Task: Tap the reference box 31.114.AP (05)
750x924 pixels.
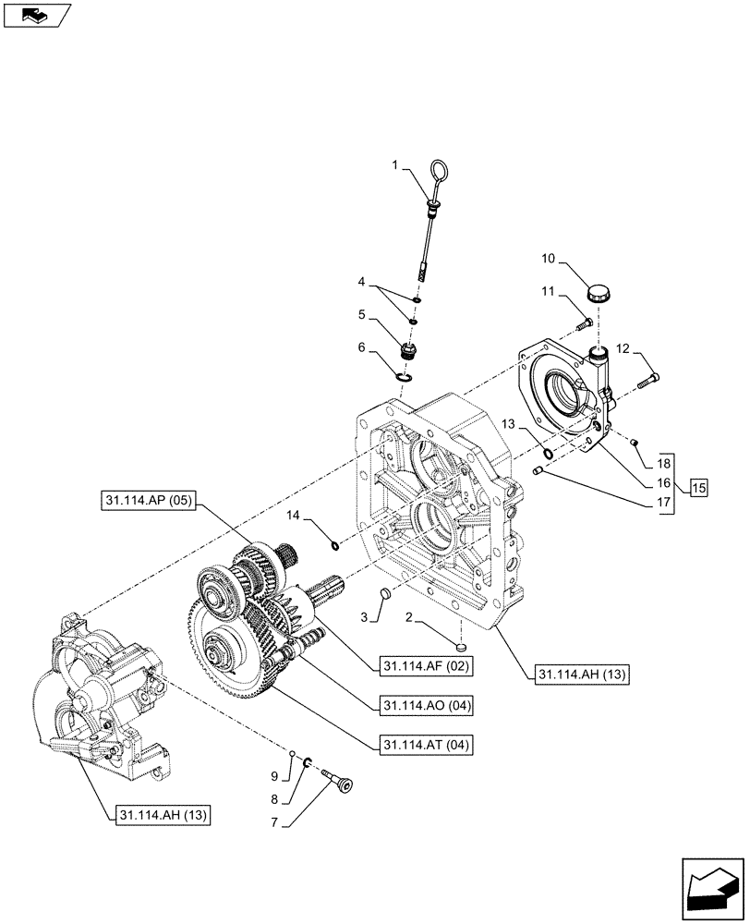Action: point(147,502)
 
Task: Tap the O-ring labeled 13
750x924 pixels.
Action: point(549,453)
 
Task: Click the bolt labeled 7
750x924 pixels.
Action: point(342,786)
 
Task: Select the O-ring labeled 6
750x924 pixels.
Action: point(403,375)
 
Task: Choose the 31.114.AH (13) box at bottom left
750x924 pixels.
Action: point(163,815)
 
